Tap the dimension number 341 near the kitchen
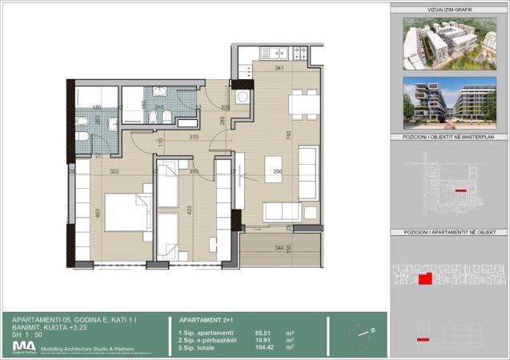279,69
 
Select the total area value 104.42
265,347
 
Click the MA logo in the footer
23,346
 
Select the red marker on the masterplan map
460,191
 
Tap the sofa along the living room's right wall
307,173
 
